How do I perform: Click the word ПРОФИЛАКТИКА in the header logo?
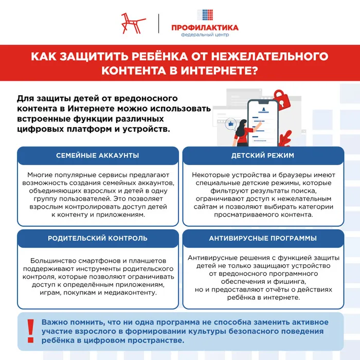click(205, 28)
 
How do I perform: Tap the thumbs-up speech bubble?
click(230, 124)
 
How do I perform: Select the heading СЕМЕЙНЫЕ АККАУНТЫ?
click(98, 155)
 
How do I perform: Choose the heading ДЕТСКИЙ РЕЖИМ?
click(262, 155)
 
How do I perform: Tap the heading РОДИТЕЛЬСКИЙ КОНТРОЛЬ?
click(98, 238)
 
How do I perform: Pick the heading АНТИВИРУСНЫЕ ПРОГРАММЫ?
click(262, 238)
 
